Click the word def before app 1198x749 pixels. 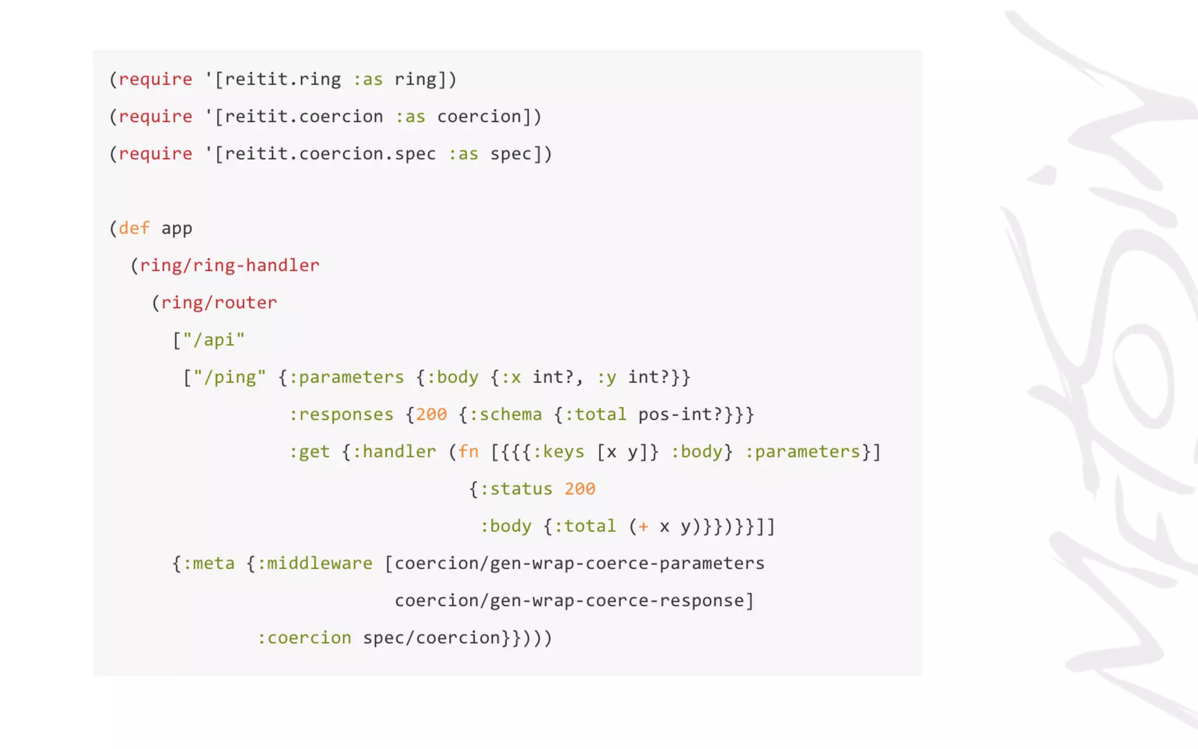click(134, 228)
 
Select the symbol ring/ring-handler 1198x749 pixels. click(229, 266)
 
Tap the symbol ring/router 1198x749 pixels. click(219, 303)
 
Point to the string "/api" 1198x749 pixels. click(214, 340)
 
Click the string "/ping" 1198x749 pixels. click(229, 377)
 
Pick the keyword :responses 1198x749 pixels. click(341, 415)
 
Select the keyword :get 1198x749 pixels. click(309, 452)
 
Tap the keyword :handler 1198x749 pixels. click(394, 452)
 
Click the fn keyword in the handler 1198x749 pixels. click(468, 452)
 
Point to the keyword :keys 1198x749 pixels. click(558, 452)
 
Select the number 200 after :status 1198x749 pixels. click(580, 489)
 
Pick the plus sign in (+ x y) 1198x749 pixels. click(643, 527)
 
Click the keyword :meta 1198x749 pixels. click(208, 564)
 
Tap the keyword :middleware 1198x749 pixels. click(315, 564)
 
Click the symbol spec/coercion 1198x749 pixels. click(432, 638)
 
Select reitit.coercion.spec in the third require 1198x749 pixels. click(330, 154)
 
